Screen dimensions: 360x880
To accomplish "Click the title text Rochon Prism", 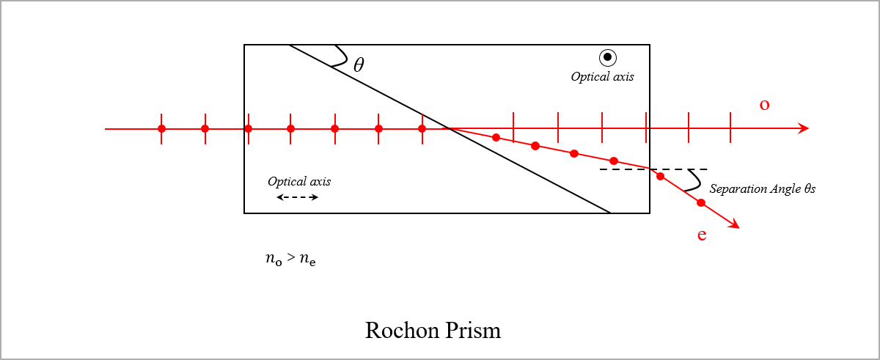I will pyautogui.click(x=433, y=330).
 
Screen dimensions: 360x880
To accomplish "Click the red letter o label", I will pyautogui.click(x=764, y=105).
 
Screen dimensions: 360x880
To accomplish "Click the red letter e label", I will pyautogui.click(x=702, y=235).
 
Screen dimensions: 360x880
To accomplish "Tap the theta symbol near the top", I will pyautogui.click(x=359, y=65).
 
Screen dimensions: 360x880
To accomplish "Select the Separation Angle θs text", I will pyautogui.click(x=763, y=189).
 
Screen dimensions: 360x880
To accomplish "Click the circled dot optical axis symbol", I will pyautogui.click(x=607, y=57).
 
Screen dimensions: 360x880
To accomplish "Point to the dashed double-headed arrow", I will pyautogui.click(x=298, y=197).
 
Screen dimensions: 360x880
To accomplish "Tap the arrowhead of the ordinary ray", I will pyautogui.click(x=804, y=128).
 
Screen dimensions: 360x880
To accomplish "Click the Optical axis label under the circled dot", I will pyautogui.click(x=602, y=76).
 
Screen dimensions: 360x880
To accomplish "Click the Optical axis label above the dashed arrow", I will pyautogui.click(x=298, y=181).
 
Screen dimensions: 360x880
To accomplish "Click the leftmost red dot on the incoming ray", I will pyautogui.click(x=161, y=129).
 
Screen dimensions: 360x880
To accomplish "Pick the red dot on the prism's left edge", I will pyautogui.click(x=248, y=129).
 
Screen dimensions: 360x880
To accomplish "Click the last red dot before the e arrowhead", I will pyautogui.click(x=701, y=202).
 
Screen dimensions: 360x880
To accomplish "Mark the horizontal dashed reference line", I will pyautogui.click(x=653, y=169).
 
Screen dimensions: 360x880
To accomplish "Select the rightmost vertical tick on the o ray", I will pyautogui.click(x=730, y=128).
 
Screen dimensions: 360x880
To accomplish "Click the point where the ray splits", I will pyautogui.click(x=449, y=129).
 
